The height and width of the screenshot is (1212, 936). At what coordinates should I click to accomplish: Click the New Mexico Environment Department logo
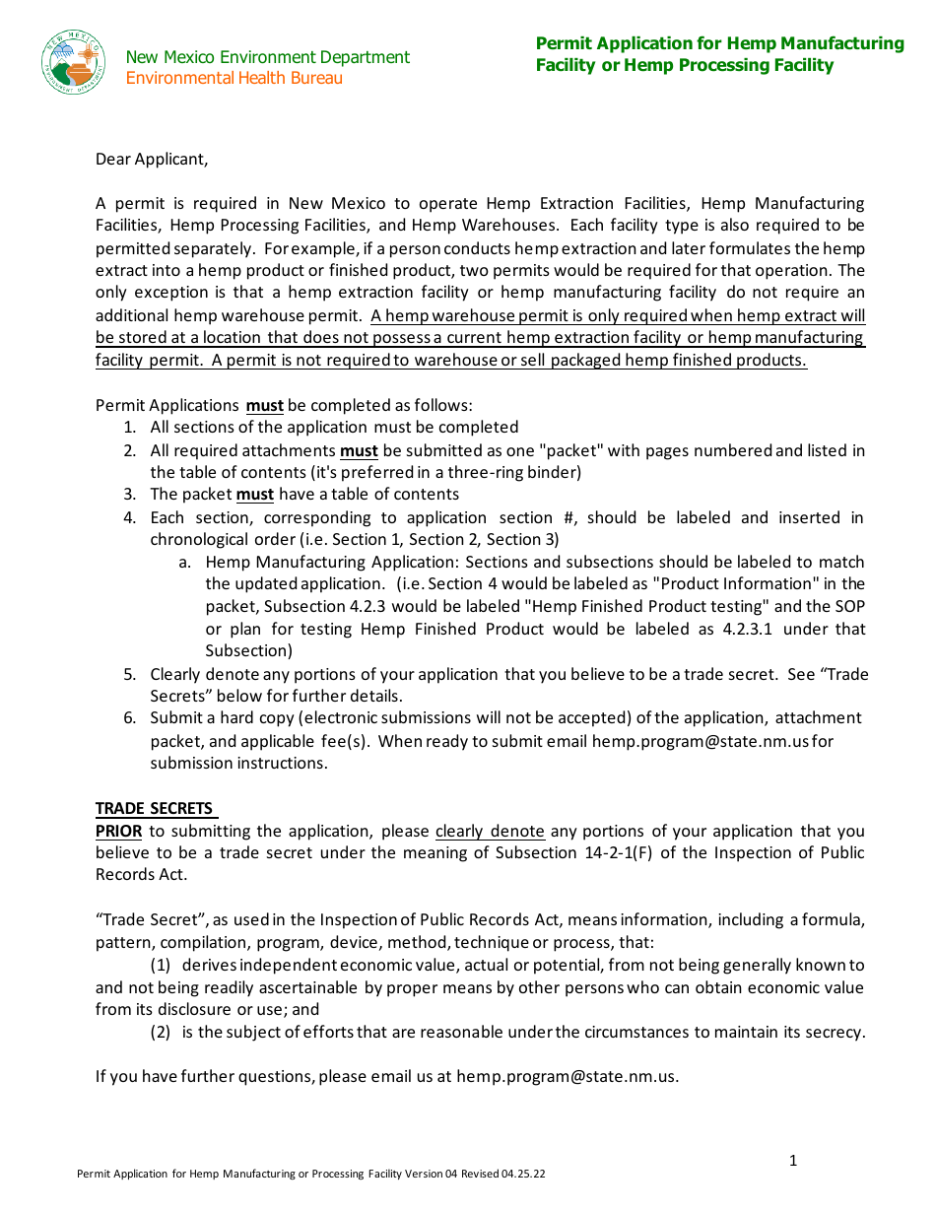[74, 62]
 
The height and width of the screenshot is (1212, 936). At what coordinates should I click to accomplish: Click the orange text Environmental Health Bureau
[234, 79]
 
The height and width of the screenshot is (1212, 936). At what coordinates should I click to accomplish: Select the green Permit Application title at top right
[719, 54]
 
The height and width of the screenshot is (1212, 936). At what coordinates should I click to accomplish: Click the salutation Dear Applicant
[152, 159]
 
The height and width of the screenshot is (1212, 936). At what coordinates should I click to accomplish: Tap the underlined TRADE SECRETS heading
[155, 809]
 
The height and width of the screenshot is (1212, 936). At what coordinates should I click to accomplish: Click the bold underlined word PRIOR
[118, 831]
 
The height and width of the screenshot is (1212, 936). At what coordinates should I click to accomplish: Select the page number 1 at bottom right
[793, 1161]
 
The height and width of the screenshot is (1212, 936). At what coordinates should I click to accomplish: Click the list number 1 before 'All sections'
[129, 428]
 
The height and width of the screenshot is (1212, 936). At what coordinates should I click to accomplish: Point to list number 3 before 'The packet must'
[129, 495]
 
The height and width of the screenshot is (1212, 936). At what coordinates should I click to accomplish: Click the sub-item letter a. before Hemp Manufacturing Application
[184, 563]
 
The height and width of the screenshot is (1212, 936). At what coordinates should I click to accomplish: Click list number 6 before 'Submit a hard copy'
[129, 718]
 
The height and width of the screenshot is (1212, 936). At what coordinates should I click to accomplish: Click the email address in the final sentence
[567, 1077]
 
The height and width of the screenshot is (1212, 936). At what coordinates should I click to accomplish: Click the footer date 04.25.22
[523, 1175]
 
